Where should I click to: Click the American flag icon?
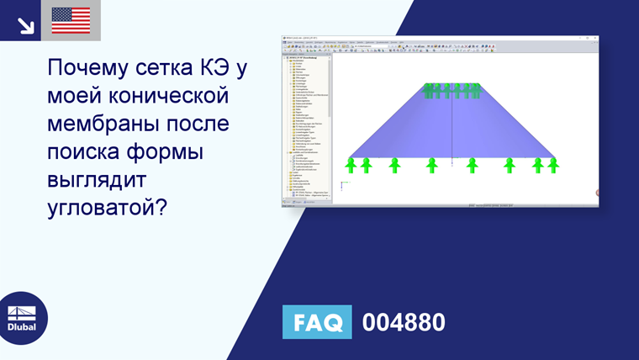(71, 20)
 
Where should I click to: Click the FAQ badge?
(317, 322)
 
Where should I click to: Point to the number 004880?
(403, 322)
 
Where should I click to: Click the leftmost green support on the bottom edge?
(351, 165)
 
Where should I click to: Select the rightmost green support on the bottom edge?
(553, 165)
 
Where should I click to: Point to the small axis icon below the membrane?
(342, 184)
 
